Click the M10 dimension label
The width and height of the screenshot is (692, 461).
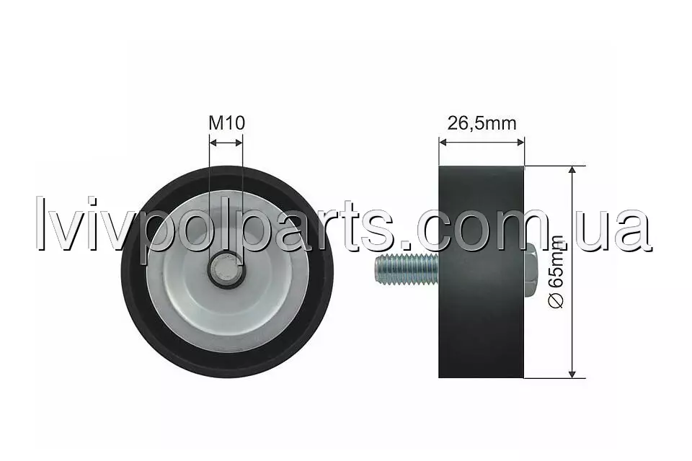226,123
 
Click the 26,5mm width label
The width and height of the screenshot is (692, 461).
482,123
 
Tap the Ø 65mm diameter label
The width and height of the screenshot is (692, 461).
556,272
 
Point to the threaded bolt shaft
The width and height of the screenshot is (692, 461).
407,269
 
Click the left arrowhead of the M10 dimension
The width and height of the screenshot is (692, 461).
213,143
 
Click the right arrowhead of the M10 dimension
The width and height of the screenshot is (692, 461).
239,143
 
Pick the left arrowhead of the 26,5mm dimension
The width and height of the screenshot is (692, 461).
443,142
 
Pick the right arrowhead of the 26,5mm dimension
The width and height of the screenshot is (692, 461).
520,142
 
